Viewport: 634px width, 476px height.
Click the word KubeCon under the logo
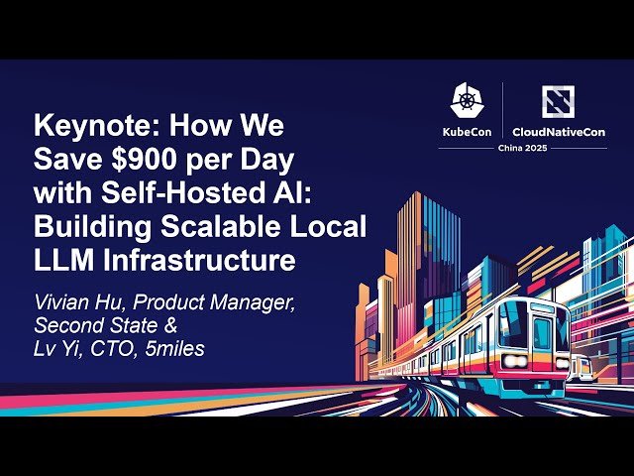coord(467,132)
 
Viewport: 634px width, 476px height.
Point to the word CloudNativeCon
coord(558,132)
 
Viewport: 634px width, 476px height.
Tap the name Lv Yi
coord(56,349)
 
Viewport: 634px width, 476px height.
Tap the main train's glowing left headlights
coord(511,361)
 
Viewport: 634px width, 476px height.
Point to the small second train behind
coord(583,368)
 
